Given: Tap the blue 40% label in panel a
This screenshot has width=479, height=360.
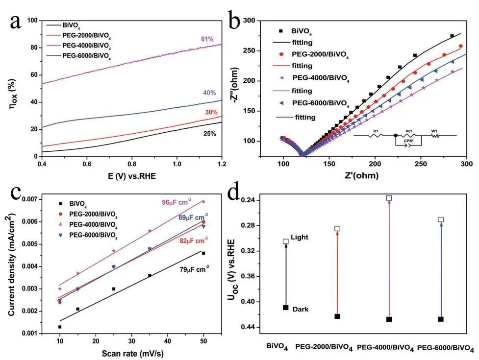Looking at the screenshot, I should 209,94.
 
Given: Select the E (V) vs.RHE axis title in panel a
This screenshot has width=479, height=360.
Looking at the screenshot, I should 130,176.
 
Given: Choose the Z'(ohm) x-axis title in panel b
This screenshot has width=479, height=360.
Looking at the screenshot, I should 375,176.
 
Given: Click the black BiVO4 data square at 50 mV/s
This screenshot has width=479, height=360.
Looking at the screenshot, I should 203,253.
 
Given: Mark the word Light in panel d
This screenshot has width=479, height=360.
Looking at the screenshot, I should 300,237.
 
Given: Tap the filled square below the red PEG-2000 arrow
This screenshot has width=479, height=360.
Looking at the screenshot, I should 337,316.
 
